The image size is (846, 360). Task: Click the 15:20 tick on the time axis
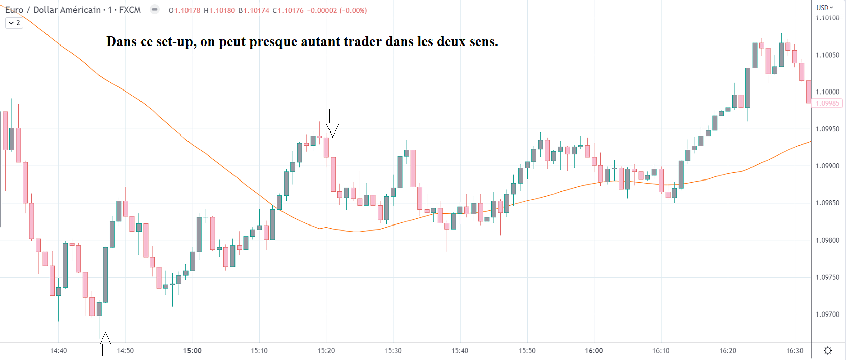(x=326, y=351)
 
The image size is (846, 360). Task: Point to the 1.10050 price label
(x=827, y=55)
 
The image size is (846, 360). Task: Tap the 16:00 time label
(x=594, y=351)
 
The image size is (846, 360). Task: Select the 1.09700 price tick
(x=827, y=314)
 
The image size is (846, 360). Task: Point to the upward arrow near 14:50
(x=105, y=344)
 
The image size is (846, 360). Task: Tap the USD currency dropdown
(x=825, y=8)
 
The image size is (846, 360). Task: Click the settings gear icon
(x=828, y=351)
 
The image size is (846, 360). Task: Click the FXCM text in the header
(x=130, y=10)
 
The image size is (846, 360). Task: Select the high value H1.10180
(x=219, y=10)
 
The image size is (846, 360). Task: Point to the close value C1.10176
(x=288, y=10)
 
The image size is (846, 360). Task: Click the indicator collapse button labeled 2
(x=14, y=23)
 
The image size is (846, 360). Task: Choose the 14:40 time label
(x=58, y=351)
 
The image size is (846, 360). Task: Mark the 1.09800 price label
(x=827, y=241)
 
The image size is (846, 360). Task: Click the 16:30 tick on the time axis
(x=794, y=351)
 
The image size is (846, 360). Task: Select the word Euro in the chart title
(x=14, y=10)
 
